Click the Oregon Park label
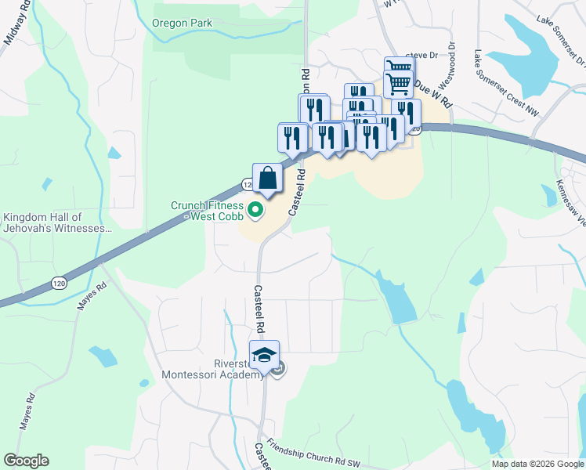(181, 23)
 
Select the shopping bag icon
(267, 178)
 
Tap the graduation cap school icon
(264, 355)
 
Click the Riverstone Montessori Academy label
(212, 369)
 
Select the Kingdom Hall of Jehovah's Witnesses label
(54, 222)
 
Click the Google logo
(26, 460)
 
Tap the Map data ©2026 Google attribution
(537, 464)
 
